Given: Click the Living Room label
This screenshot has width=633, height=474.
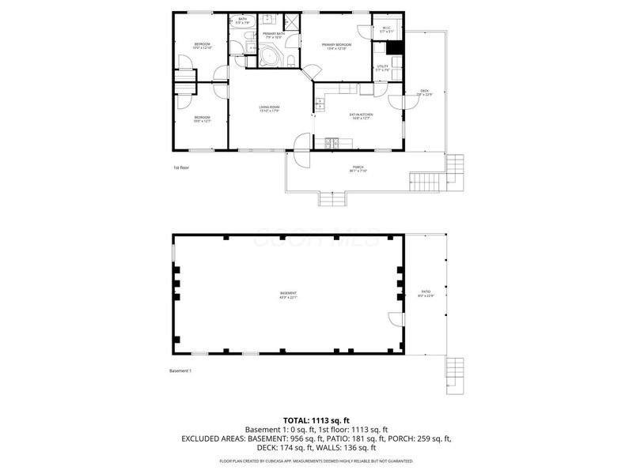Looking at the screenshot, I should click(x=270, y=108).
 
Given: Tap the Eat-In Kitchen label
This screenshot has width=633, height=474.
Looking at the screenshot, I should click(x=361, y=115).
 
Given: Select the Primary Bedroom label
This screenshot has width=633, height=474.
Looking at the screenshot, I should click(x=336, y=46).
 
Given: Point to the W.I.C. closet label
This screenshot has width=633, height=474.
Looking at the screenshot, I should click(x=386, y=30).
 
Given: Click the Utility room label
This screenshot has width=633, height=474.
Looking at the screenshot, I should click(x=382, y=68).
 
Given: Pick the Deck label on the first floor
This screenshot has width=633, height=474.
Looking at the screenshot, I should click(x=424, y=92).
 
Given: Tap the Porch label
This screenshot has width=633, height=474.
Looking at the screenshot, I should click(x=358, y=168).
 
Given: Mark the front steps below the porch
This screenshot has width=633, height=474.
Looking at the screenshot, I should click(x=332, y=198).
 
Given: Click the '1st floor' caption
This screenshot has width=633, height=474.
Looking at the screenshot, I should click(x=181, y=167).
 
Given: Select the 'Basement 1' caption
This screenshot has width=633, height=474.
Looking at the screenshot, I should click(x=180, y=371).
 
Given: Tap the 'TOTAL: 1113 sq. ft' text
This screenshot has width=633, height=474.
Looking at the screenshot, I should click(x=316, y=420).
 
